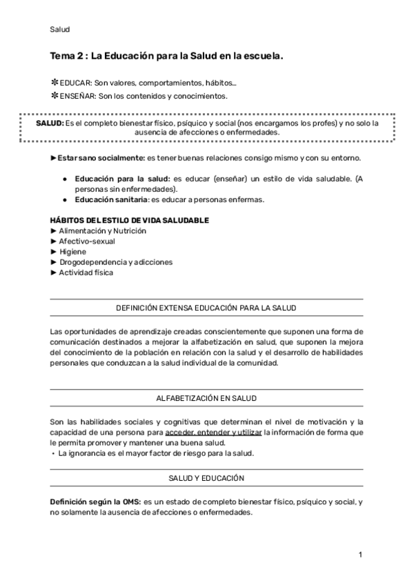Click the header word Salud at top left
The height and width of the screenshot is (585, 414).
[60, 29]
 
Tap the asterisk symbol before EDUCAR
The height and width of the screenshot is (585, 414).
[55, 83]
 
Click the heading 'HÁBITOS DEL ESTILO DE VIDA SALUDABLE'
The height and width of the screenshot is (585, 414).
[130, 220]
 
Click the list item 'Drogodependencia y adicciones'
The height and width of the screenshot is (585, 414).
[115, 262]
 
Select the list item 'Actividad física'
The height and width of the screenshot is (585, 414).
[86, 272]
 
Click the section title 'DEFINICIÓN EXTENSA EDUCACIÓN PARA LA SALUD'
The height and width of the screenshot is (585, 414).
[207, 308]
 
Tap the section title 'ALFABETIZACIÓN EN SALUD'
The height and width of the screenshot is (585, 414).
[207, 399]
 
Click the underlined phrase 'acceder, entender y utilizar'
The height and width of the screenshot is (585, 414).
[214, 433]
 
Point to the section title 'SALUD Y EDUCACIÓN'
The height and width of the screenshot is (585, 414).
[207, 478]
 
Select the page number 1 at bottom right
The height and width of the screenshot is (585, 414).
[360, 555]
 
